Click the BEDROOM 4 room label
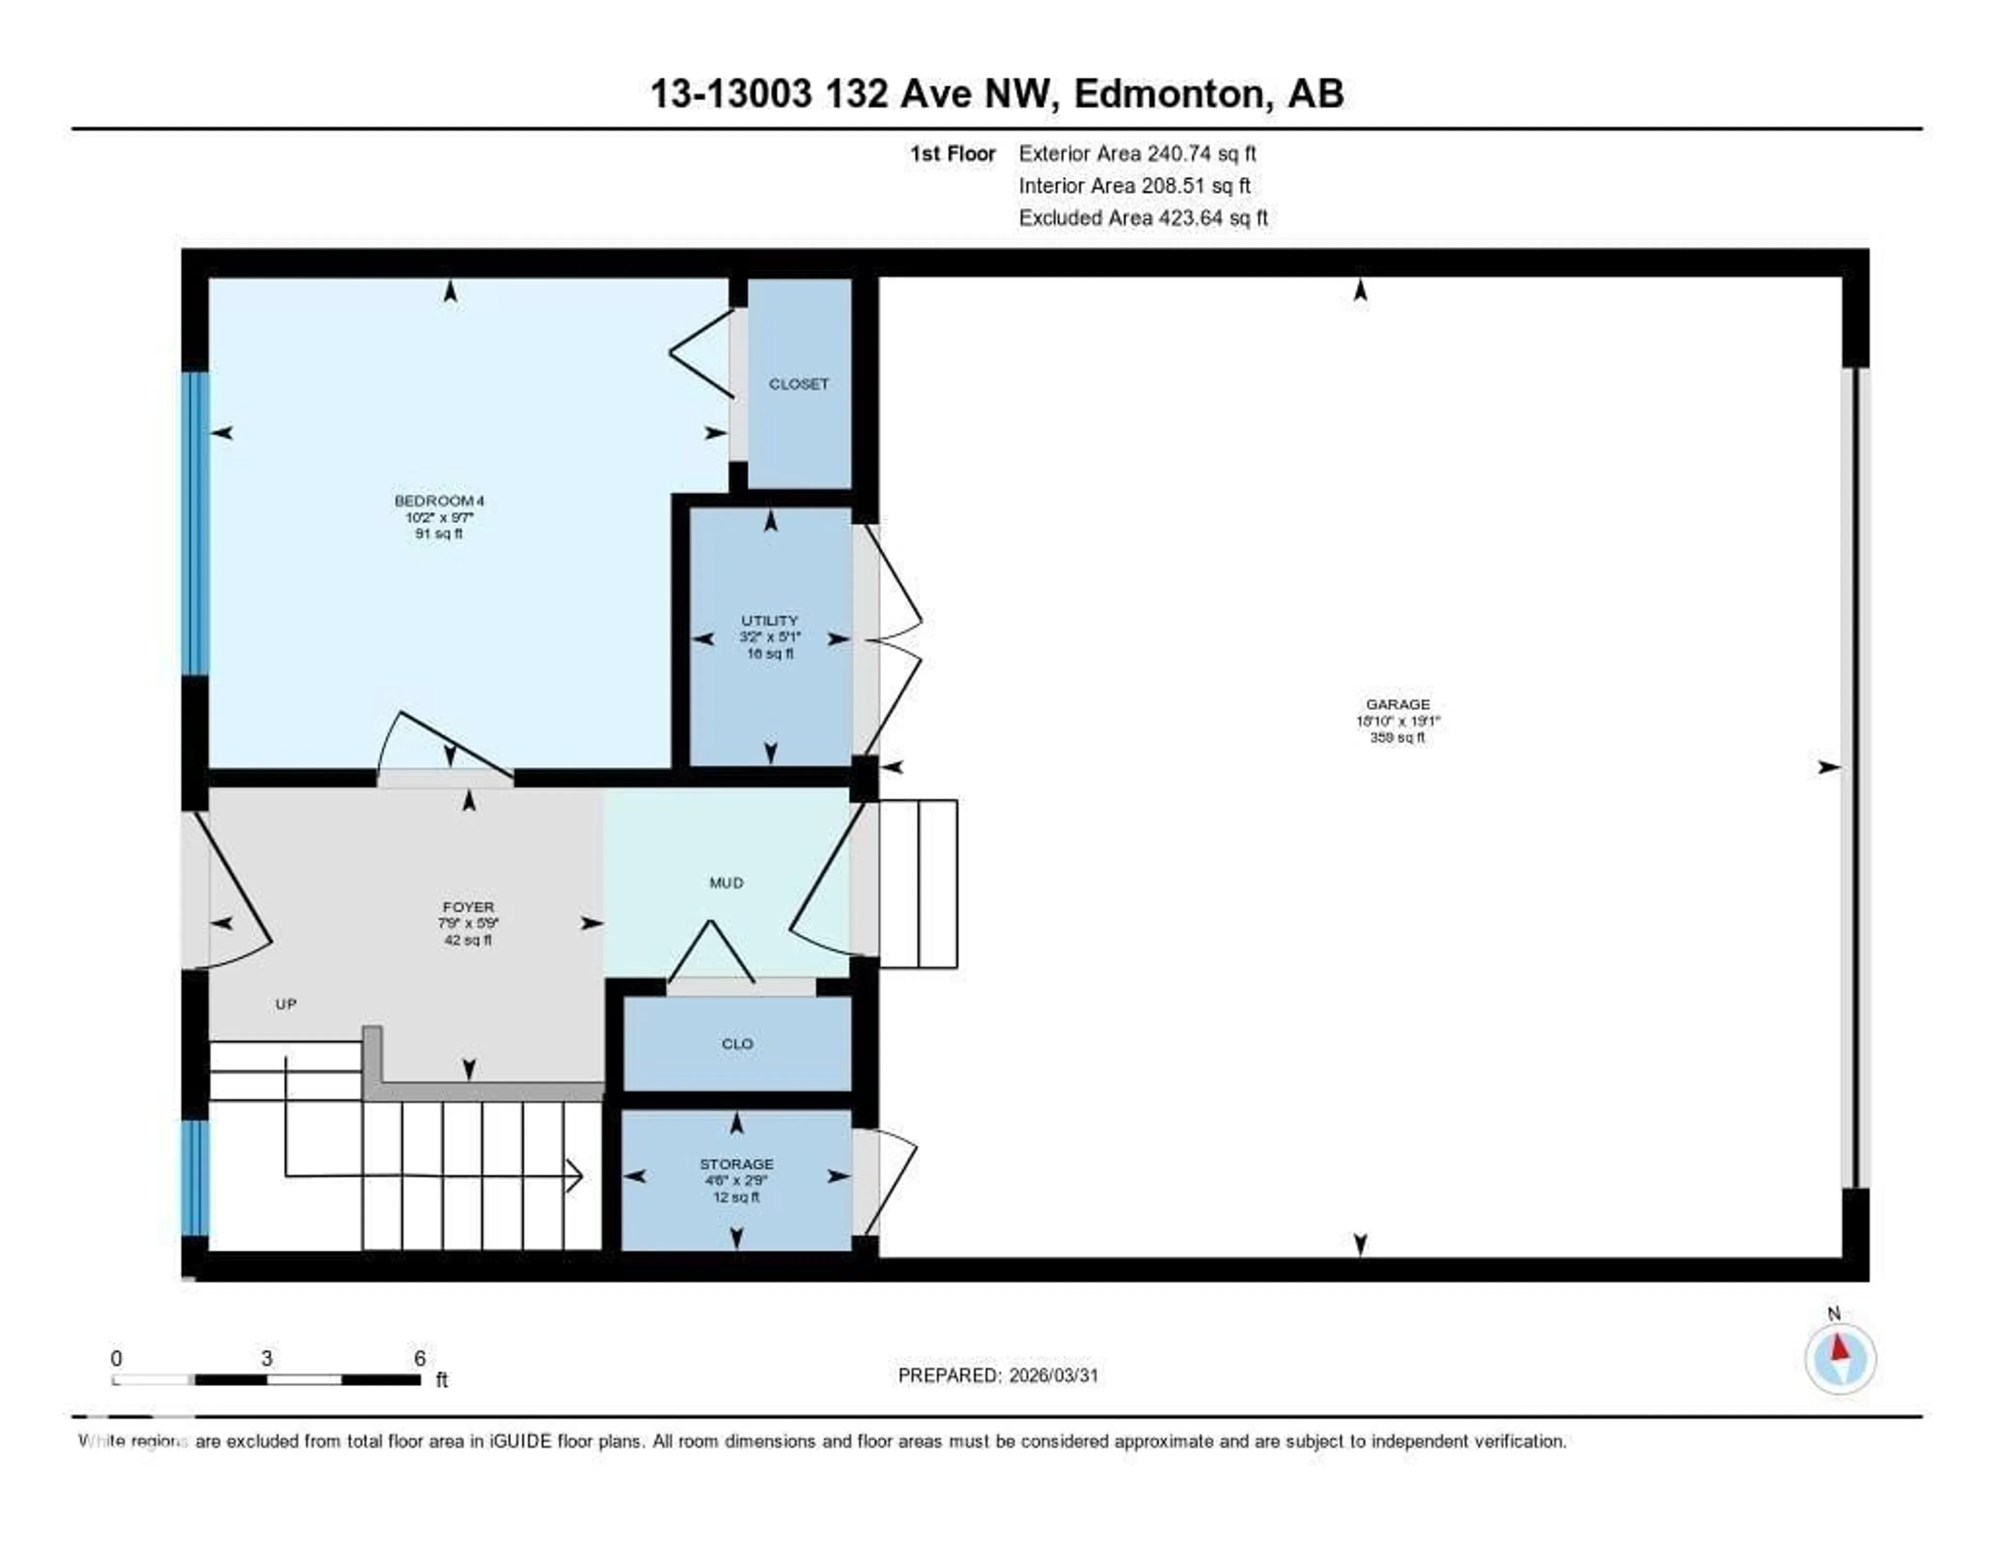[x=439, y=500]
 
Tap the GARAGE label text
[x=1397, y=705]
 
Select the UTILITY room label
[x=770, y=620]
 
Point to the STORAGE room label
[x=736, y=1164]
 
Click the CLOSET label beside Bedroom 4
[x=799, y=383]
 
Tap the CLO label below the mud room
[x=737, y=1043]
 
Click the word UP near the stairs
[x=286, y=1004]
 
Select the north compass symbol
[x=1840, y=1358]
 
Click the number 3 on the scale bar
[x=266, y=1358]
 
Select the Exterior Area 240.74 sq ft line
[x=1137, y=153]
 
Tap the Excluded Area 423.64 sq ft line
[x=1143, y=217]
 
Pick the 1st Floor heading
[x=952, y=153]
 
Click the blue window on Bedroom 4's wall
[x=195, y=523]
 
